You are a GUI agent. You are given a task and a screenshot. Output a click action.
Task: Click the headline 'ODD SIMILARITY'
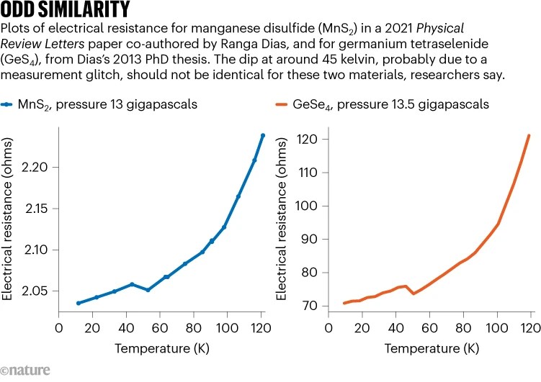tap(66, 10)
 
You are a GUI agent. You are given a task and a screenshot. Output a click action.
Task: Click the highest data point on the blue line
tap(263, 135)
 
